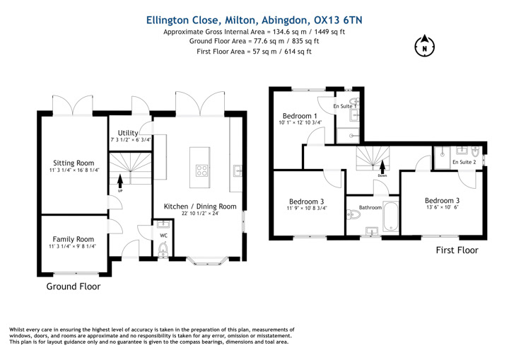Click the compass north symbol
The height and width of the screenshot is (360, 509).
tap(425, 46)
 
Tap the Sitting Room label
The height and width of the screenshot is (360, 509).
tap(74, 163)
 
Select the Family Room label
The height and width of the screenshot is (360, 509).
tap(74, 239)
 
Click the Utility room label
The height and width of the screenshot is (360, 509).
tap(128, 133)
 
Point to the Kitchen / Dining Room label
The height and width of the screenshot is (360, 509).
tap(200, 207)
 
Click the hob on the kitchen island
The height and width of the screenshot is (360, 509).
tap(201, 170)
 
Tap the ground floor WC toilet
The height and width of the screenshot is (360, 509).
tap(163, 250)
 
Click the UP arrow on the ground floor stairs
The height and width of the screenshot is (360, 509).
tap(120, 181)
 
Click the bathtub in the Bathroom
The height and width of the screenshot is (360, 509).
tap(390, 216)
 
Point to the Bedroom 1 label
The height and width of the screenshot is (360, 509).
tap(300, 116)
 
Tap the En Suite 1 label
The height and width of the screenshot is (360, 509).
tap(345, 106)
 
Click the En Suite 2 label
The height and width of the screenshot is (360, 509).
tap(464, 162)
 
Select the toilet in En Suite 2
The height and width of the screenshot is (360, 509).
tap(475, 151)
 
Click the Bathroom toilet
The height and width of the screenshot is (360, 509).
tap(353, 214)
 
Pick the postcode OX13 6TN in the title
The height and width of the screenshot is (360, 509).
tap(338, 20)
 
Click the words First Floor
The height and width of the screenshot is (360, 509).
tap(457, 250)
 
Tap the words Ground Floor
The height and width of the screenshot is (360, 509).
tap(74, 286)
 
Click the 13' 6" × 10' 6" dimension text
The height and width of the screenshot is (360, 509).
tap(442, 207)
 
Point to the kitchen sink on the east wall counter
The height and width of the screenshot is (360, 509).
tap(238, 170)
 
